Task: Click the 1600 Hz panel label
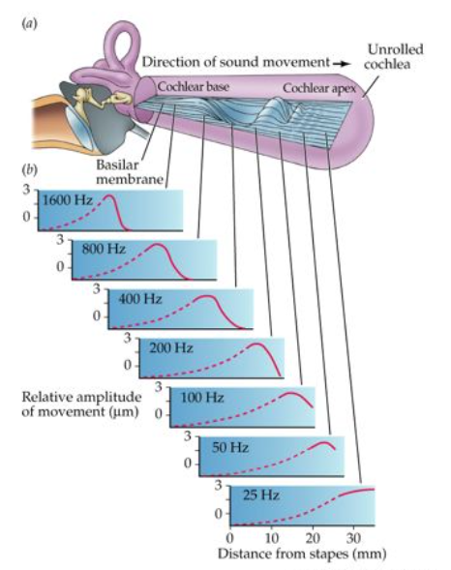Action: [68, 200]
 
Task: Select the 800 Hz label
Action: [104, 249]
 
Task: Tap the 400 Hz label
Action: [140, 299]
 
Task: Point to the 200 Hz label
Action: [171, 347]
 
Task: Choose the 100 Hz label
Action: [202, 398]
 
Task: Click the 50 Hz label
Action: [230, 447]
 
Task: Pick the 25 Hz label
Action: [261, 495]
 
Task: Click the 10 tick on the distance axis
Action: [272, 538]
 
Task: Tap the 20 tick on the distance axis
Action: [313, 538]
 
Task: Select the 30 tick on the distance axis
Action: [353, 538]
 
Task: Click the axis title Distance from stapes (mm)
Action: [302, 554]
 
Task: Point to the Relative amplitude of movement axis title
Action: [81, 405]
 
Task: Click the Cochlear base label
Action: [194, 87]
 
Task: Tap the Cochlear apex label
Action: [319, 88]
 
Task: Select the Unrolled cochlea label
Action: [394, 57]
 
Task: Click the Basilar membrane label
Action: [130, 172]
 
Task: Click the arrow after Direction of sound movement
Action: [342, 64]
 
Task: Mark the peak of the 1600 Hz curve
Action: [108, 195]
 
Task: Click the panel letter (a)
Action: [29, 24]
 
